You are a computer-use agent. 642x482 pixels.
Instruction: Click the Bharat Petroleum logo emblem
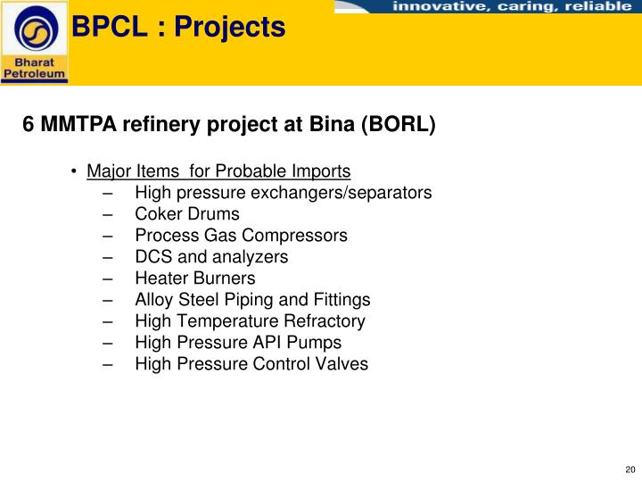tap(35, 29)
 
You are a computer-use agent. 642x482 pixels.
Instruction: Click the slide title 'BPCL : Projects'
tap(178, 28)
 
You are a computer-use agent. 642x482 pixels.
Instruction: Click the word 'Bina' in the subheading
tap(332, 125)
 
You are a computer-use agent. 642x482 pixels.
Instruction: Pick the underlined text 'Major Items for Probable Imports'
tap(218, 170)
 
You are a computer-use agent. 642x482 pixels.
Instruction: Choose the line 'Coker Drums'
tap(186, 214)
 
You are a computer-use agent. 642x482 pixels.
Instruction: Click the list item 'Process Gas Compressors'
tap(241, 236)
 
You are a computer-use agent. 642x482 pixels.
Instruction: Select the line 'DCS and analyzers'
tap(211, 257)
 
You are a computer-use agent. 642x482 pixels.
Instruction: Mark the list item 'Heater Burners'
tap(194, 278)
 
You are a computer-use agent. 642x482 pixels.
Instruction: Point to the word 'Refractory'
tap(324, 321)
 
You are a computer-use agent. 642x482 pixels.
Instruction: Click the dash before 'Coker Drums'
tap(107, 214)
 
